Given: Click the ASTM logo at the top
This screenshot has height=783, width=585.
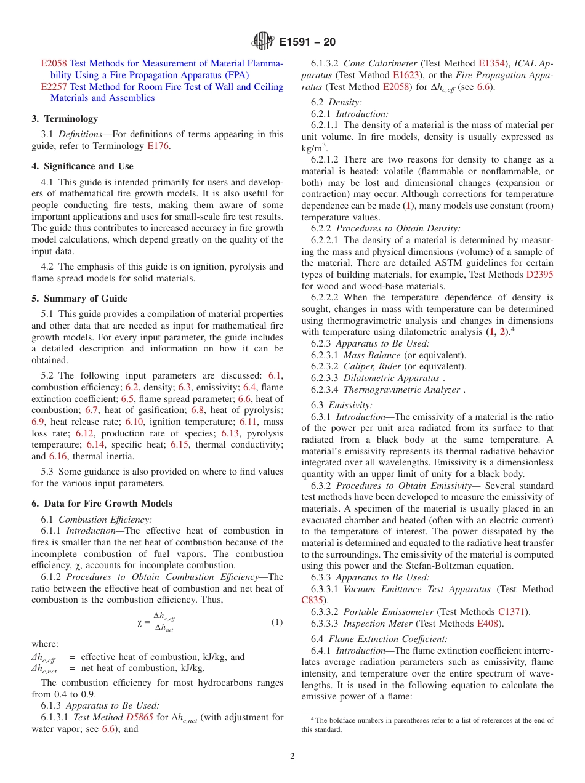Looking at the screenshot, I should (x=263, y=42).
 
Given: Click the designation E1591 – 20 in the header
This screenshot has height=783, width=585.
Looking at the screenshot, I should (x=307, y=42).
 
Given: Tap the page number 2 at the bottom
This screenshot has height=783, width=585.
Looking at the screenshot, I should (x=292, y=756).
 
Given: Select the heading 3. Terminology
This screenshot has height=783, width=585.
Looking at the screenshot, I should (x=65, y=119).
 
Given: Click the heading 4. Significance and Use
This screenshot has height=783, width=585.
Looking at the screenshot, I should (x=83, y=166).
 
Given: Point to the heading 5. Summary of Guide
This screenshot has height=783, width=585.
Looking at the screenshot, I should (x=79, y=299).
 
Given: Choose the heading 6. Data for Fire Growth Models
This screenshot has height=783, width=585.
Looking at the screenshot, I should (x=102, y=503).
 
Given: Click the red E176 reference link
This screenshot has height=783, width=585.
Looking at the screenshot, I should (x=158, y=146).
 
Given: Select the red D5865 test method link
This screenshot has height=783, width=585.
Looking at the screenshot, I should (x=139, y=717).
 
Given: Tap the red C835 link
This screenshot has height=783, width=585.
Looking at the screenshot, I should (x=313, y=600).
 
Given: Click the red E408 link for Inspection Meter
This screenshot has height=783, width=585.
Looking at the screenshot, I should (x=490, y=624).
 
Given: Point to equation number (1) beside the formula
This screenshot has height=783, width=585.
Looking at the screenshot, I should (x=277, y=622).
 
